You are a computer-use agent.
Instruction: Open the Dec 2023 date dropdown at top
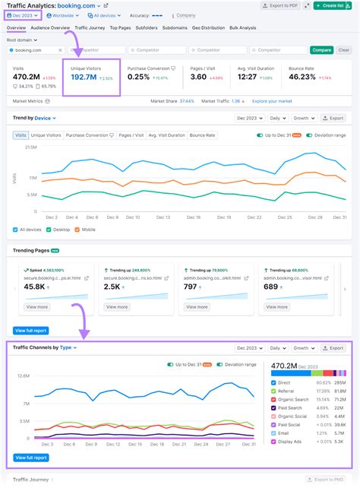[x=23, y=15]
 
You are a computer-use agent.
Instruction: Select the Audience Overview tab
[x=49, y=27]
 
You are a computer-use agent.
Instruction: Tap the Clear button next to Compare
[x=323, y=50]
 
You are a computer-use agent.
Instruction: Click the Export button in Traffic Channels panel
[x=333, y=348]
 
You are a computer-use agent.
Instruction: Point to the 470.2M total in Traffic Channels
[x=289, y=365]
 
